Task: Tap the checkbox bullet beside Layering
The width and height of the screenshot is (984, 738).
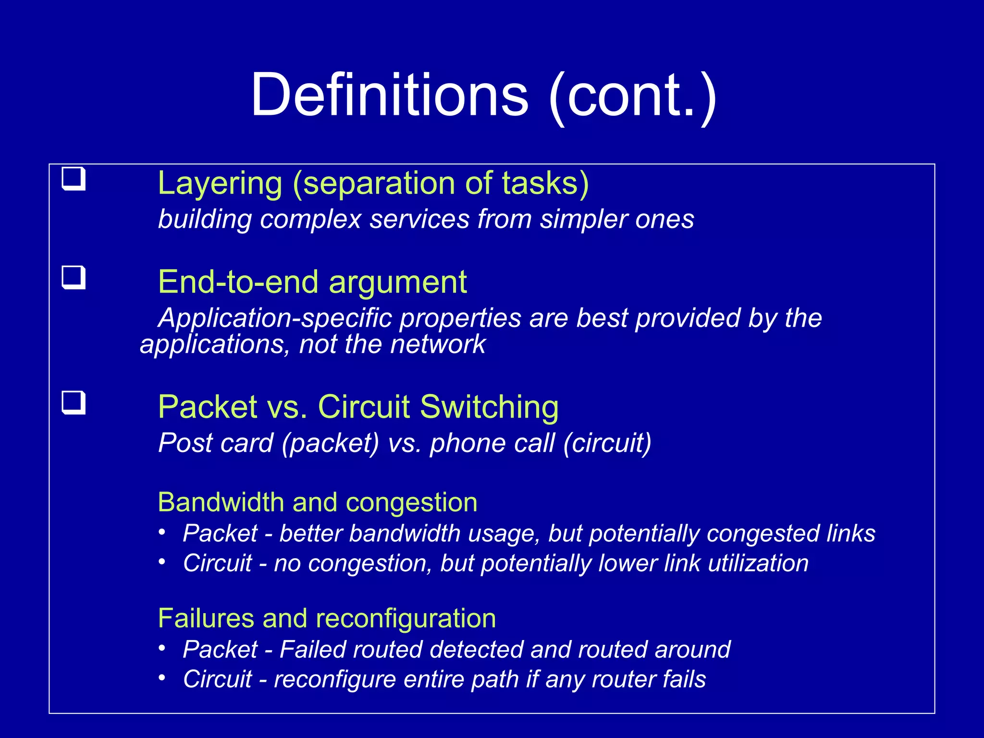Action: (x=74, y=179)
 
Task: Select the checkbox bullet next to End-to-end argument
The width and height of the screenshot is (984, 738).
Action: (x=74, y=278)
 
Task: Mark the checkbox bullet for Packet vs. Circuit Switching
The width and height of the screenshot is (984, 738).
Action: (x=74, y=403)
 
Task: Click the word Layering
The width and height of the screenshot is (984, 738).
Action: (x=220, y=184)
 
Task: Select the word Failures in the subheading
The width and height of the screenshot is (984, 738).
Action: (x=205, y=618)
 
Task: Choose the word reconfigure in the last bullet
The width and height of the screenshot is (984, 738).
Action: (x=334, y=679)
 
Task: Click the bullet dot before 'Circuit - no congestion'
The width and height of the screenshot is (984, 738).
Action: (x=162, y=561)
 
